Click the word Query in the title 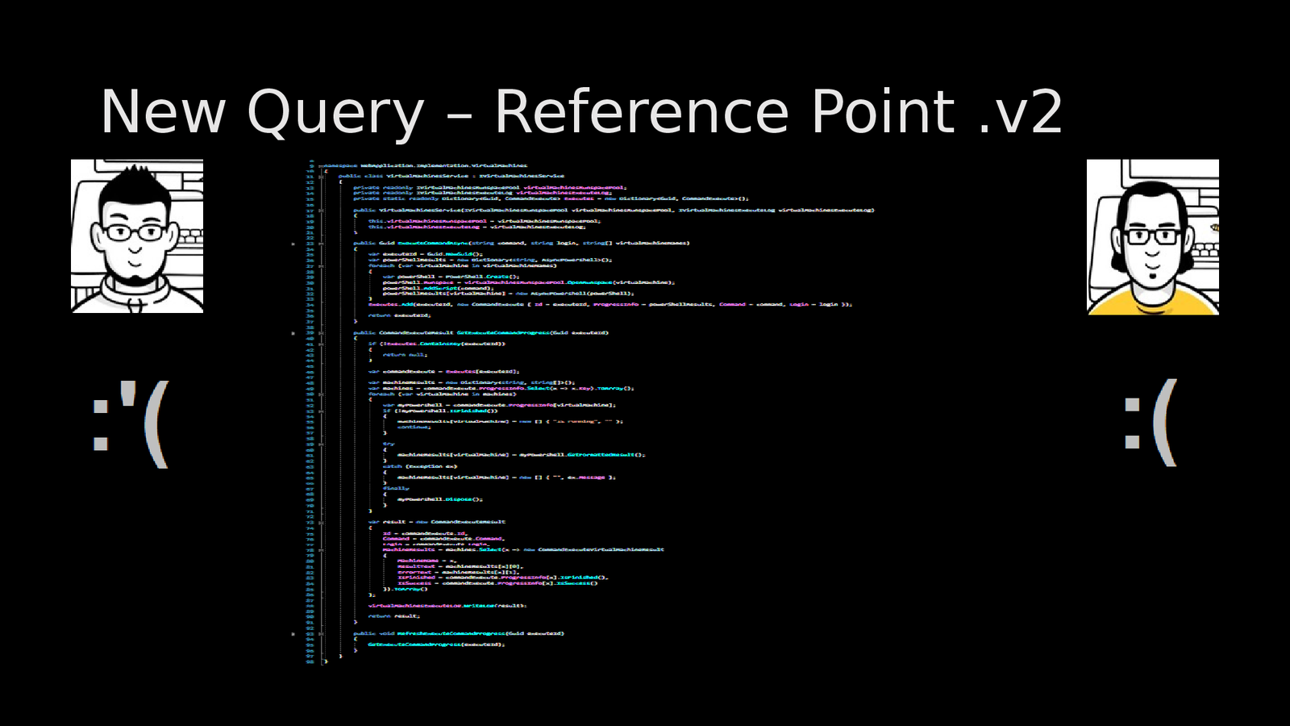[335, 113]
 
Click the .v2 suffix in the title [1021, 113]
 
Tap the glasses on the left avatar [135, 233]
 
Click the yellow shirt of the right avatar [1153, 304]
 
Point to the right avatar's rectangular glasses [1152, 236]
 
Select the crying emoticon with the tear [131, 423]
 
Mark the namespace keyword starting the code [339, 165]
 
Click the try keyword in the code [389, 444]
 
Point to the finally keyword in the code [395, 488]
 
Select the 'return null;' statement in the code [405, 355]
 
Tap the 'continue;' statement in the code [414, 427]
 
